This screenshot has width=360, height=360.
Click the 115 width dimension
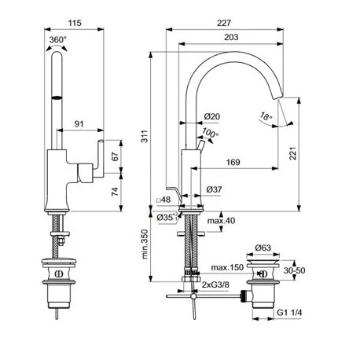coord(75,23)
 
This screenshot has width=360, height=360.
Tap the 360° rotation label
coord(58,40)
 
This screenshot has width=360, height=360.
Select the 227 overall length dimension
coord(224,23)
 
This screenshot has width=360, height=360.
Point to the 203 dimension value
coord(231,37)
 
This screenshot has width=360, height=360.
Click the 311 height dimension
coord(145,136)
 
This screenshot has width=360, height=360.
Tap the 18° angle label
coord(266,116)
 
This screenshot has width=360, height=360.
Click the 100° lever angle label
coord(211,133)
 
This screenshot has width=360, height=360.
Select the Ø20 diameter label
coord(212,116)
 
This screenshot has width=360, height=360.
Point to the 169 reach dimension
coord(233,162)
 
